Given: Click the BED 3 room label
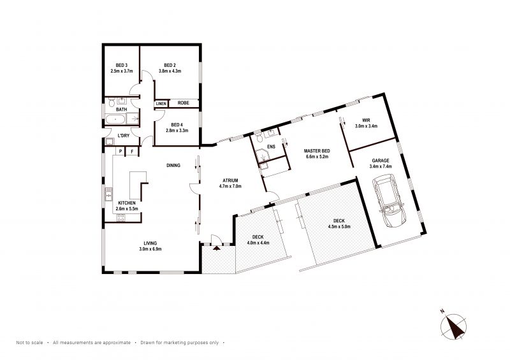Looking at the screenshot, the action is click(122, 66).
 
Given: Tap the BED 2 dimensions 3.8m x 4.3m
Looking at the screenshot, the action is click(170, 71).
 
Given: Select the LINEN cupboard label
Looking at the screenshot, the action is click(161, 104).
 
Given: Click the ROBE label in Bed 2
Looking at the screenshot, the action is click(184, 103).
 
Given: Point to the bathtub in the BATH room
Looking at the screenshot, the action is click(115, 119).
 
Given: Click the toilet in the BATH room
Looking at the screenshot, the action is click(111, 103).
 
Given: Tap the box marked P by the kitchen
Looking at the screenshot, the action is click(120, 152).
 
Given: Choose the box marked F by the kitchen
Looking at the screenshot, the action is click(133, 152).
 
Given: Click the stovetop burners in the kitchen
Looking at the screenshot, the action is click(121, 217).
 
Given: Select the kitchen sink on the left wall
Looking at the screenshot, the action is click(108, 194).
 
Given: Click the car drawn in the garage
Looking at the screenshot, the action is click(389, 200).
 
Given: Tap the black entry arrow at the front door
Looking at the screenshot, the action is click(217, 248).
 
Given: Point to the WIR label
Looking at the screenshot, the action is click(366, 120).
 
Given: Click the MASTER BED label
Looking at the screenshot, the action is click(317, 151).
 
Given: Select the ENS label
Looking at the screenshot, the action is click(271, 147).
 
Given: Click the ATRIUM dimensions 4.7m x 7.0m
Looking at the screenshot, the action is click(230, 186).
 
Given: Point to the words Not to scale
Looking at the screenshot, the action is click(29, 342).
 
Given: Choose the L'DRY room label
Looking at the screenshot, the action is click(124, 136).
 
